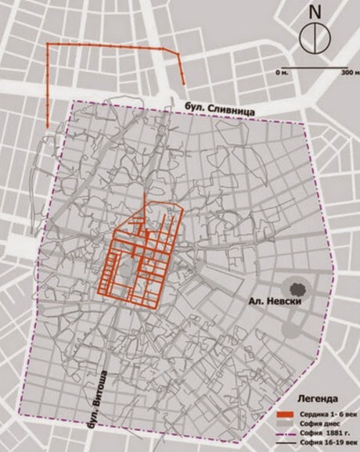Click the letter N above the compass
(x=315, y=13)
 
